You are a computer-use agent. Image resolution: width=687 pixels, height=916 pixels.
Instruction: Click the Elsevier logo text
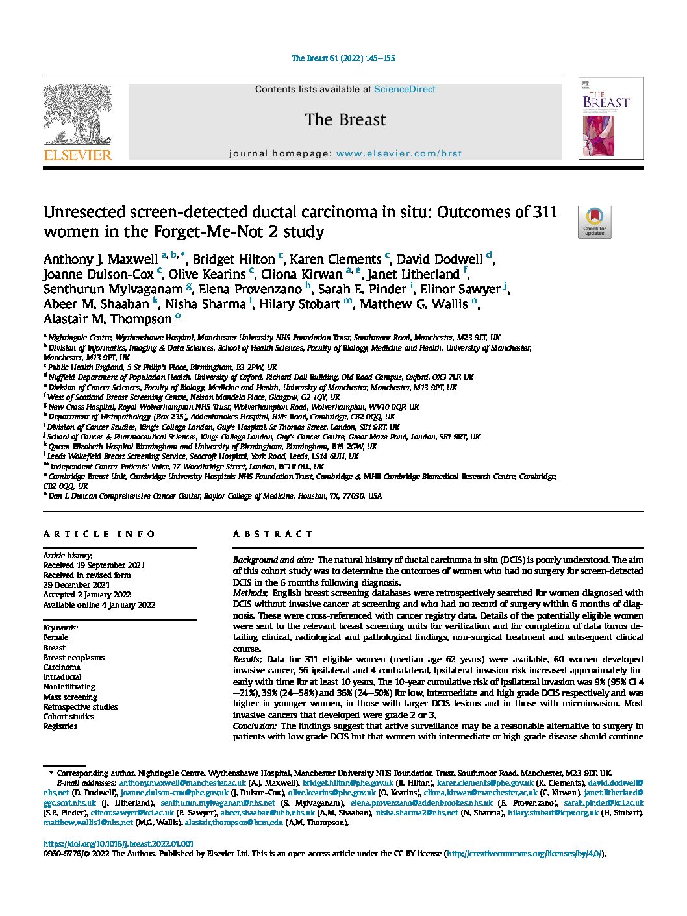point(77,155)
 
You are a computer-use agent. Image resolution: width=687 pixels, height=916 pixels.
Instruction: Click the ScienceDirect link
point(405,89)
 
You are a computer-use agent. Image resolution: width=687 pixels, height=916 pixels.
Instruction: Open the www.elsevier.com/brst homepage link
point(399,154)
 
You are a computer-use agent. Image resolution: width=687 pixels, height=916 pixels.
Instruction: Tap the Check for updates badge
point(594,222)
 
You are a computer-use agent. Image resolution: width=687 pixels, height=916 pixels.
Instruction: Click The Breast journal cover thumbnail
point(610,119)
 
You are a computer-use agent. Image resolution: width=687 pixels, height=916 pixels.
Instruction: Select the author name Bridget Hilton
point(234,260)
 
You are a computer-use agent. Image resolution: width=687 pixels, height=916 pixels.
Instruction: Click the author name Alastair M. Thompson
point(107,319)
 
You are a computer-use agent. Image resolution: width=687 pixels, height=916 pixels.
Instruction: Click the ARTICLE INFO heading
point(99,534)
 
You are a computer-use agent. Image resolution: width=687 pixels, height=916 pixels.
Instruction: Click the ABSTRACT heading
point(273,534)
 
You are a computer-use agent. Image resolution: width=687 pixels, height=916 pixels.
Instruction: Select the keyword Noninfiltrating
point(69,687)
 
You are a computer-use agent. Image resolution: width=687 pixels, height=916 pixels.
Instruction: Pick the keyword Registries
point(60,726)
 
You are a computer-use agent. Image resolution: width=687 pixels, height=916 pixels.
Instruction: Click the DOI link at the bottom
point(118,844)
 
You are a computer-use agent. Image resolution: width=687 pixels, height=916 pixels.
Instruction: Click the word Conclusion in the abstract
point(254,726)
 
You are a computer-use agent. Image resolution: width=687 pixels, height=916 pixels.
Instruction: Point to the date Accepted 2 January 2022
point(87,595)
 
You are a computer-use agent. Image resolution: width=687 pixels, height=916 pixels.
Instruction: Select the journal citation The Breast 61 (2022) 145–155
point(343,58)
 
